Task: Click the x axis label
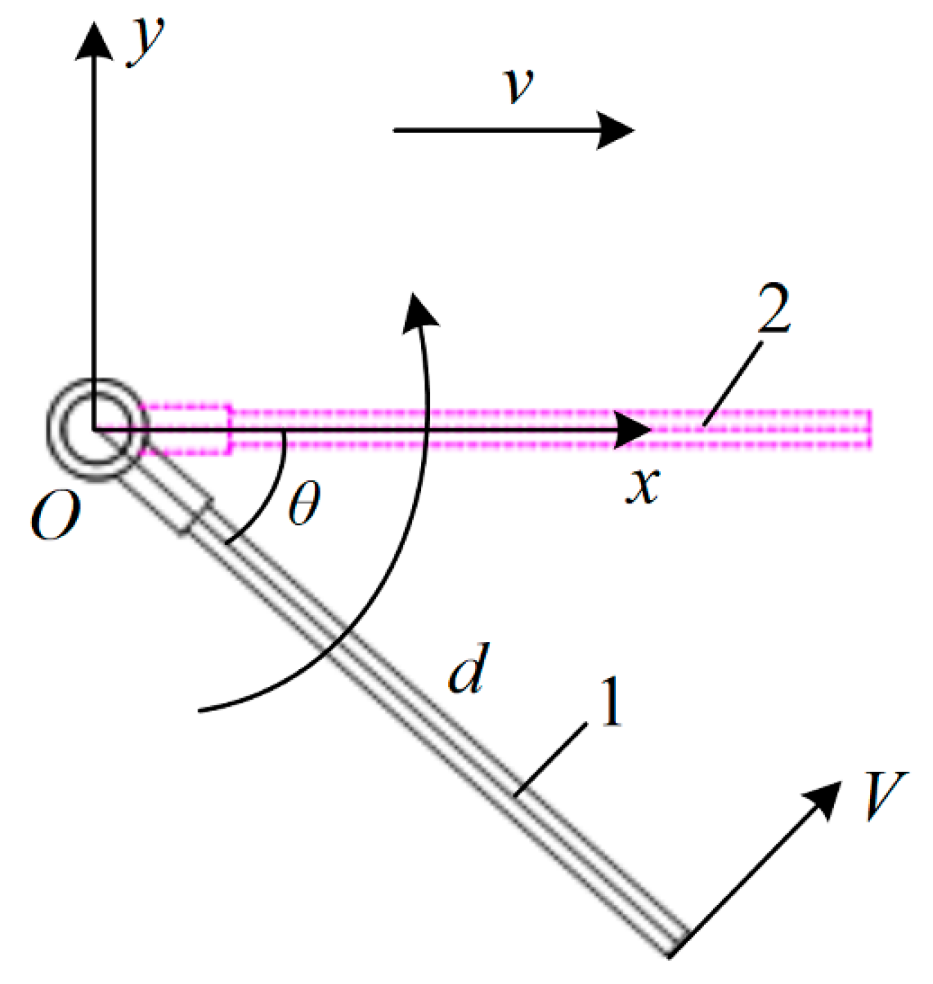click(x=642, y=485)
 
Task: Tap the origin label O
click(x=55, y=517)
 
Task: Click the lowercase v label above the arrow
click(x=519, y=85)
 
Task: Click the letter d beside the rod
click(x=469, y=668)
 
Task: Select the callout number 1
click(x=610, y=702)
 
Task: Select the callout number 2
click(x=774, y=309)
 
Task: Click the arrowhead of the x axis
click(x=631, y=430)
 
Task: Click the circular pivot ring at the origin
click(x=97, y=429)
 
